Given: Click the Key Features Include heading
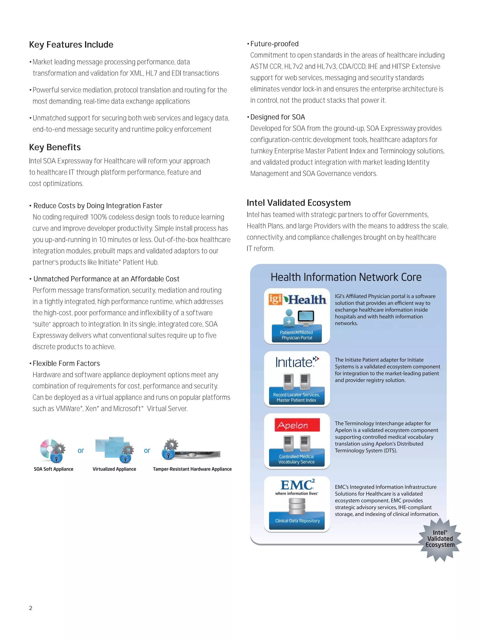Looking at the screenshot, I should point(71,45).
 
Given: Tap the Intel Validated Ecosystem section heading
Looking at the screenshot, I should point(298,203).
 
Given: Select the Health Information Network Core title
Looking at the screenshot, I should point(346,277).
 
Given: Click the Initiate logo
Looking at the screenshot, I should point(297,362).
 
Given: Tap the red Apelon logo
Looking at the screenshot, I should point(297,425).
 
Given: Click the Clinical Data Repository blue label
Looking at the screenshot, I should point(297,521).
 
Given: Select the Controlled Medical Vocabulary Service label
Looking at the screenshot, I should point(297,459).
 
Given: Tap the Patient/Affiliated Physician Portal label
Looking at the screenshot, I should point(297,335).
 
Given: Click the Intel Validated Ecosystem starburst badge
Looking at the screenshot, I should point(440,539).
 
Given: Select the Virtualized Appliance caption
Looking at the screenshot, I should point(114,469).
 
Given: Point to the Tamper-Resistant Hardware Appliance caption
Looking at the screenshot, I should point(192,469).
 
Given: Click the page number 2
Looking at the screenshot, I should point(31,608).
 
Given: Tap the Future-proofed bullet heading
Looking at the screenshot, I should point(274,44).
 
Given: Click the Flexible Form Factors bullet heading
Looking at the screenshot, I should point(66,363).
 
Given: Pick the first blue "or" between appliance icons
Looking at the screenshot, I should point(81,450).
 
